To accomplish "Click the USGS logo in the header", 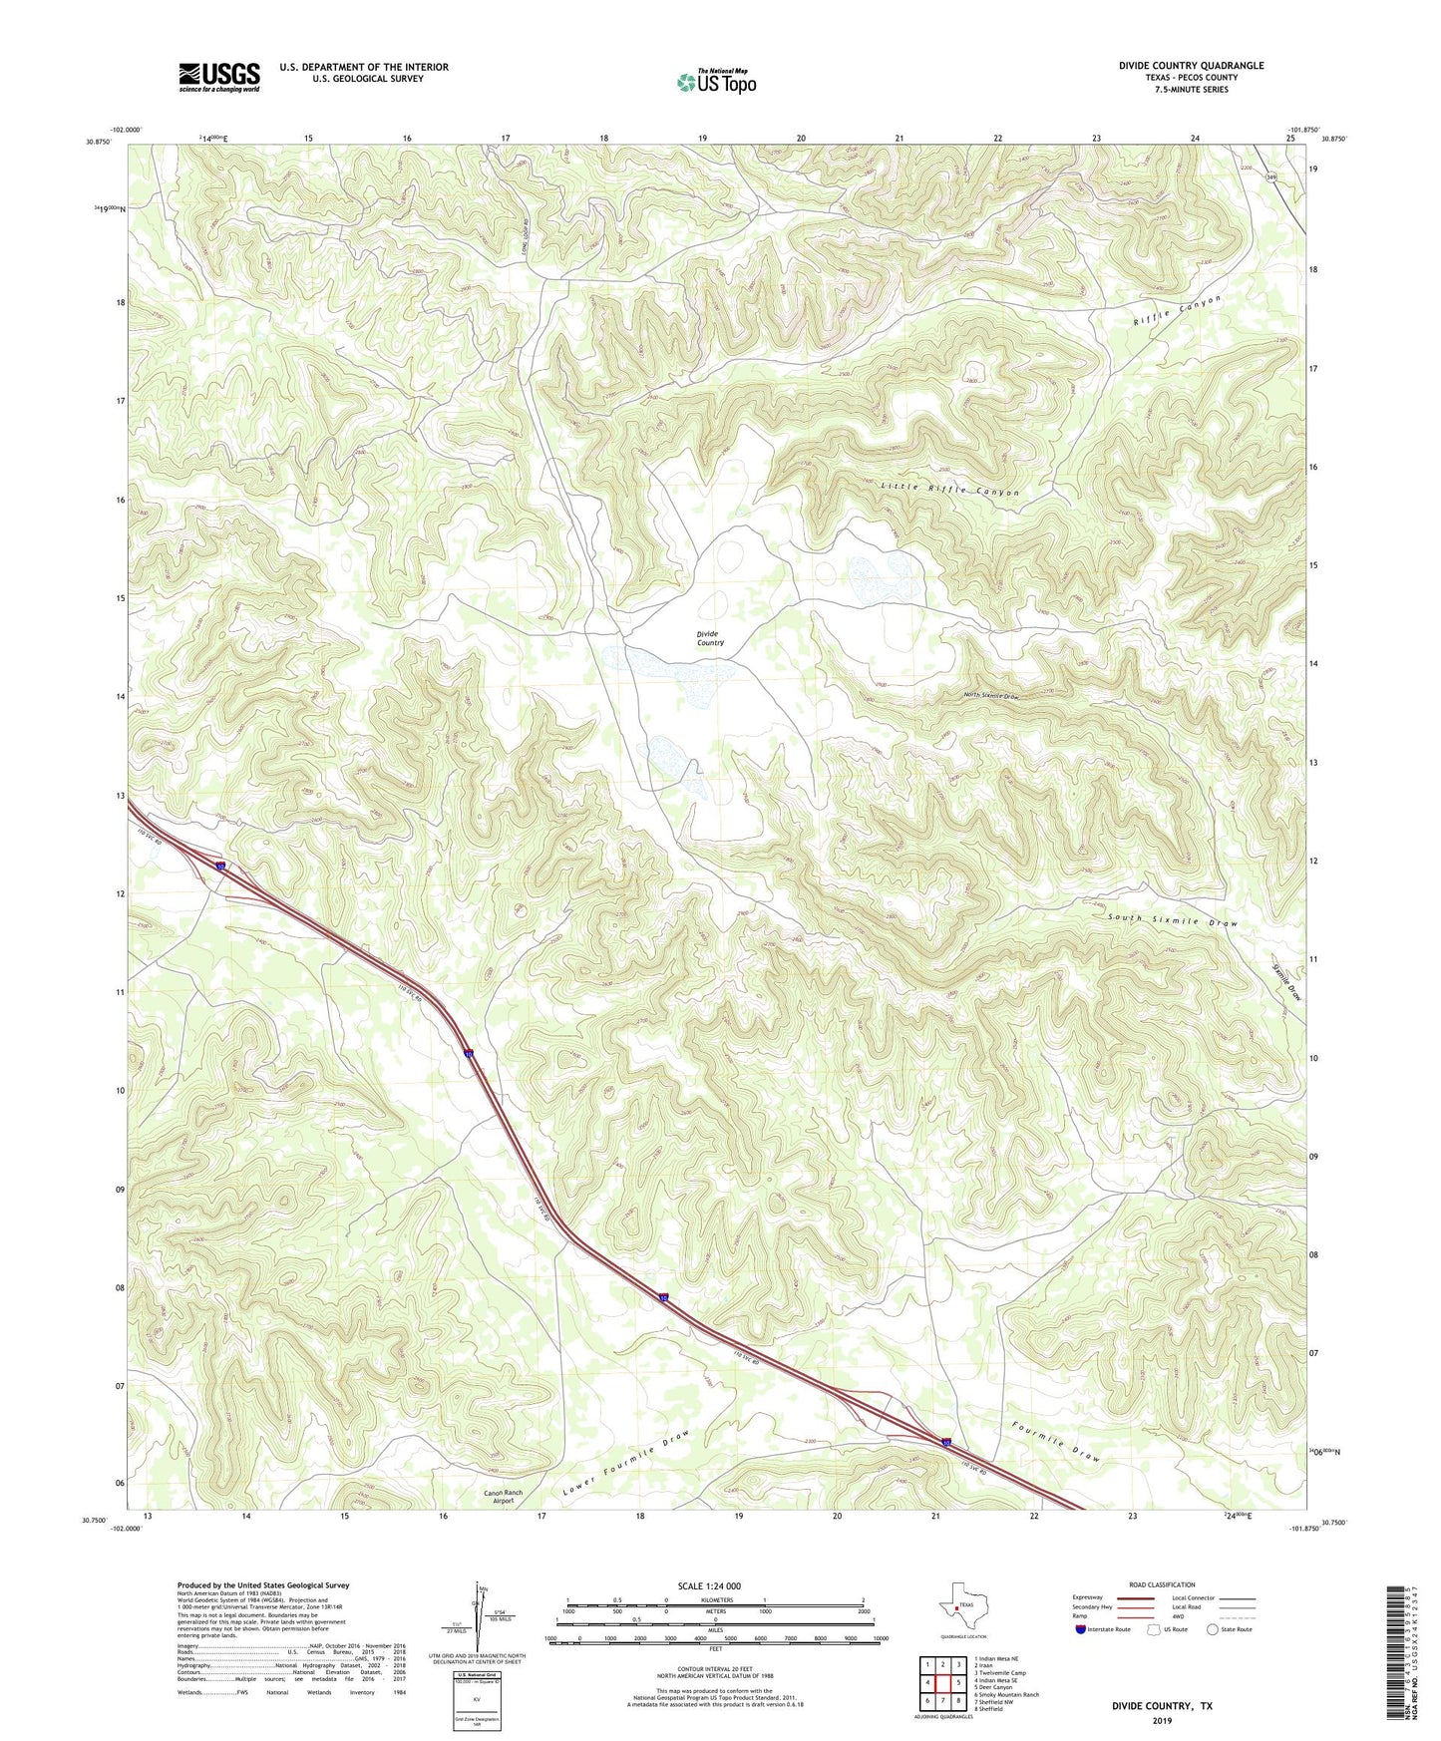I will tap(219, 77).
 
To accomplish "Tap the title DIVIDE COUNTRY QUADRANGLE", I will tap(1191, 66).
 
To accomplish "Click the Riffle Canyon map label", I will tap(1177, 312).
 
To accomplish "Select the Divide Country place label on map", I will tap(710, 638).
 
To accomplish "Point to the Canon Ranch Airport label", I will tap(503, 1497).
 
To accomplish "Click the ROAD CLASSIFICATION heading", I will tap(1162, 1584).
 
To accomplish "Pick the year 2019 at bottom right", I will tap(1162, 1720).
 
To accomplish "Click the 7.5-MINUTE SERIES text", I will tap(1191, 90).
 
